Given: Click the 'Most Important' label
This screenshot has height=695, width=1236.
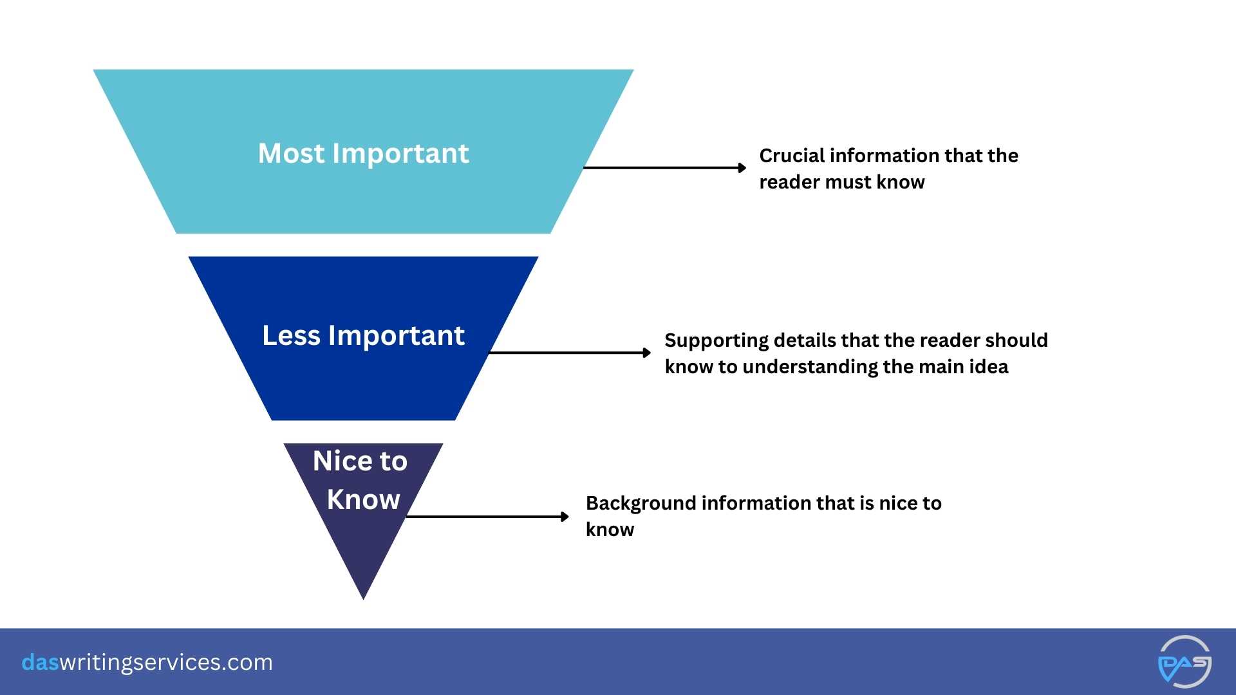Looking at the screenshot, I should (363, 154).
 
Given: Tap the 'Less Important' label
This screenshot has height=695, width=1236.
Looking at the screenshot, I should (363, 336).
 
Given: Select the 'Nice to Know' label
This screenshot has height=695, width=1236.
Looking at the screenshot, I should (362, 480).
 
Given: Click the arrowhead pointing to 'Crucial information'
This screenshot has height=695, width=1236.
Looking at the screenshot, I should (742, 168).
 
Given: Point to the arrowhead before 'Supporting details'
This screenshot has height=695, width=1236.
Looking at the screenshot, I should (647, 353).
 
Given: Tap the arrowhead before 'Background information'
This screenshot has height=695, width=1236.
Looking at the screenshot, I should (565, 517).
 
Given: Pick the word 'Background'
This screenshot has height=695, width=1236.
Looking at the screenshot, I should (640, 503).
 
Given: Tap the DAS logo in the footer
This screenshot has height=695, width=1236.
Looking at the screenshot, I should (1184, 662).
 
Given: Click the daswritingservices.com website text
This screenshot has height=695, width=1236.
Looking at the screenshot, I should (147, 662).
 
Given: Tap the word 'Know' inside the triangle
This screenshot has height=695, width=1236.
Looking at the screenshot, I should (363, 500).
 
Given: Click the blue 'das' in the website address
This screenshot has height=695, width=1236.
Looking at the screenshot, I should (40, 662).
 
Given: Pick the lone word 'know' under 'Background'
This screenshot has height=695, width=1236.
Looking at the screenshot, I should (610, 530).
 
